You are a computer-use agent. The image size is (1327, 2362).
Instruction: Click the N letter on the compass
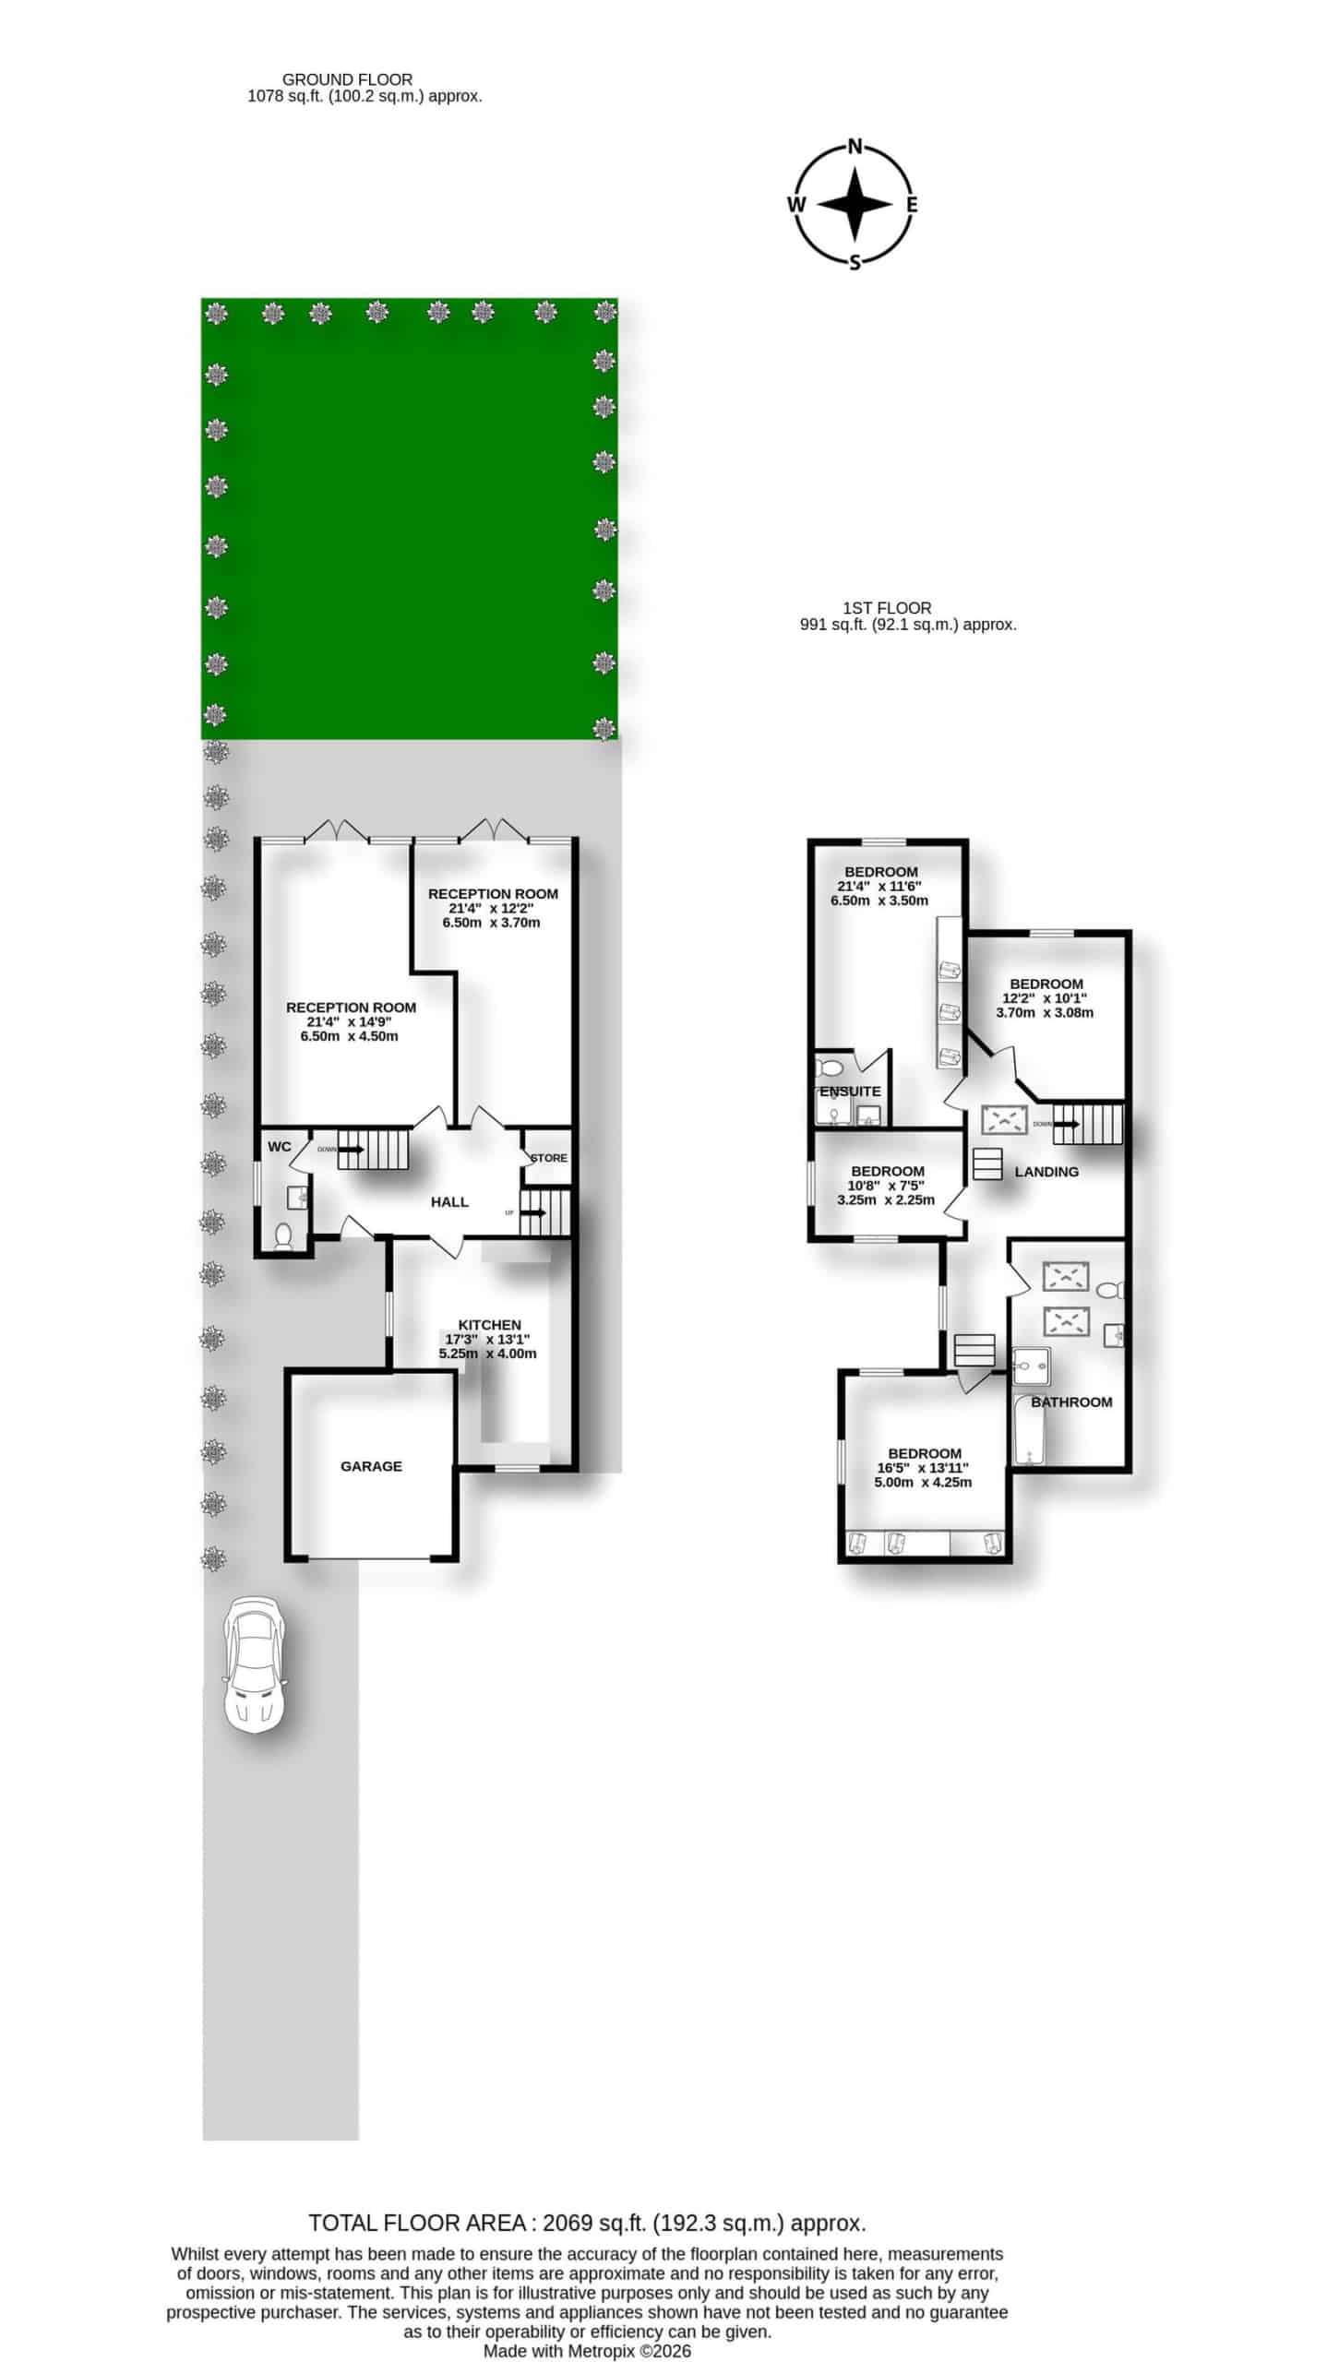855,146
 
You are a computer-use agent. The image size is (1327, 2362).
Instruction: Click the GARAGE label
371,1466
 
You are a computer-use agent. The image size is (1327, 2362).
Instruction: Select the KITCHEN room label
489,1325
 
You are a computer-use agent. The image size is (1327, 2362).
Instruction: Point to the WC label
280,1147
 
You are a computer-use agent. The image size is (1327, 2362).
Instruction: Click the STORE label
548,1158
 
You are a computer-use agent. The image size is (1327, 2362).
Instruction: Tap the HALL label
449,1202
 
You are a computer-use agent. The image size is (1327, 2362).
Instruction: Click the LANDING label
1046,1172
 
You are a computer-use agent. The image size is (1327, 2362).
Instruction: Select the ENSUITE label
850,1092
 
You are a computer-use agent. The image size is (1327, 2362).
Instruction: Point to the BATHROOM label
1071,1402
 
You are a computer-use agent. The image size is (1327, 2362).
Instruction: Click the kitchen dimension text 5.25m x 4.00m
487,1354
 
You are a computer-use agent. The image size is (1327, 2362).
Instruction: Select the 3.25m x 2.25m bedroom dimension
886,1200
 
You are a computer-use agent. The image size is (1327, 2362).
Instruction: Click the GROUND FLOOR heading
348,80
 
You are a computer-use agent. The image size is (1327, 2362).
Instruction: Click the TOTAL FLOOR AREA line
587,2223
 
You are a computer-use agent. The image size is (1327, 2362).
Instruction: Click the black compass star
855,205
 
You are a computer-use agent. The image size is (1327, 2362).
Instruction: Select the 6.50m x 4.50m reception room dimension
349,1036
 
